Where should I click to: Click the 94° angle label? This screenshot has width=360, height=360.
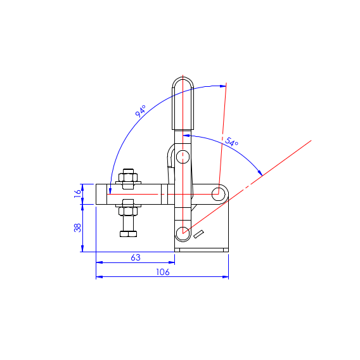[x=140, y=111]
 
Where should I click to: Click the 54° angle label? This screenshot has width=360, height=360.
[x=231, y=142]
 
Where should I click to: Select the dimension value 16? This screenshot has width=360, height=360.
[x=78, y=194]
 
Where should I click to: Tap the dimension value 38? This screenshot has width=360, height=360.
[x=78, y=228]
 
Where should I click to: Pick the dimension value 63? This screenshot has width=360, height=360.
[x=136, y=257]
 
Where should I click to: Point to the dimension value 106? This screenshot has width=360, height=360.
[x=163, y=272]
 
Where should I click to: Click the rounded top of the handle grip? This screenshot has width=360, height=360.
[x=183, y=83]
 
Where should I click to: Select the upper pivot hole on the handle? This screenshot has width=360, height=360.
[x=183, y=157]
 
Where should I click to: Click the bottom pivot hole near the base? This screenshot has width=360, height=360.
[x=183, y=233]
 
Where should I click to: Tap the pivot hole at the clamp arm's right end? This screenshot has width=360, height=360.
[x=218, y=194]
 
